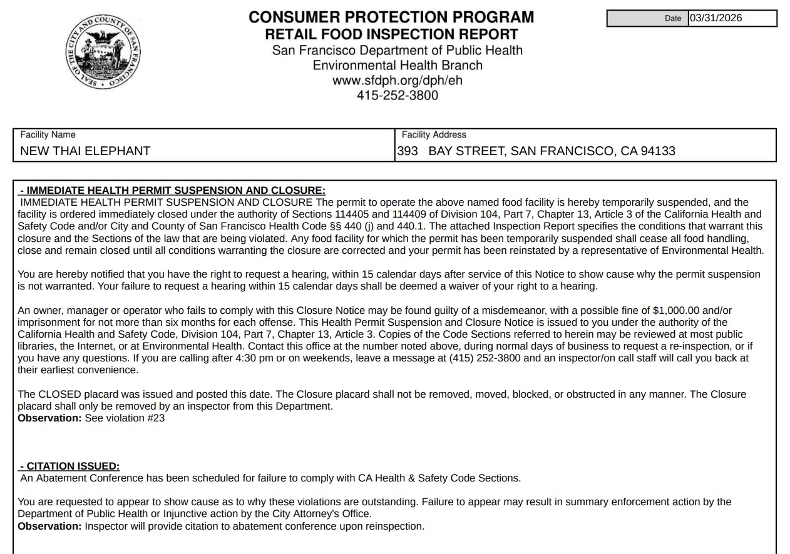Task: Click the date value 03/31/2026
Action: tap(716, 18)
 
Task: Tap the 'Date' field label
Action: tap(673, 19)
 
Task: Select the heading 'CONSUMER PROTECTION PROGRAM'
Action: tap(391, 17)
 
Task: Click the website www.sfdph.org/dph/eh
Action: tap(397, 81)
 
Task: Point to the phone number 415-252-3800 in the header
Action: tap(397, 96)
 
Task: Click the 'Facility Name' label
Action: tap(48, 134)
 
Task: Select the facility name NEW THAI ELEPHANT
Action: tap(85, 151)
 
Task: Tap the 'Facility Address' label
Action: tap(434, 134)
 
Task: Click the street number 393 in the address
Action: tap(408, 151)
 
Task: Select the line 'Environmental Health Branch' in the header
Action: tap(397, 66)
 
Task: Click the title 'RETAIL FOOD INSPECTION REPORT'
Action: tap(391, 34)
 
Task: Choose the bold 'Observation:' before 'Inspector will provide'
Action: tap(49, 526)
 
